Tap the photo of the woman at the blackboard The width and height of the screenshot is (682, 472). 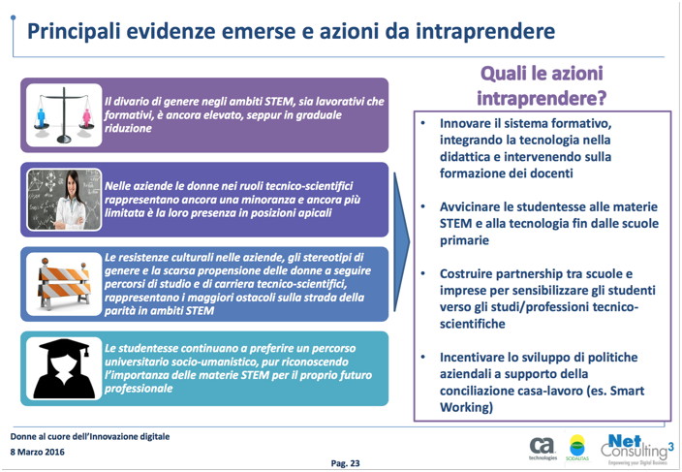coord(63,199)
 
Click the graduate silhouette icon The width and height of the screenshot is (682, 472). coord(63,367)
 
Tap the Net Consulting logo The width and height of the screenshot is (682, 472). coord(635,446)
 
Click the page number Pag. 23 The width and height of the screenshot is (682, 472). coord(346,462)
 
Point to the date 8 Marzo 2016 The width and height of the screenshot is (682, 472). coord(38,453)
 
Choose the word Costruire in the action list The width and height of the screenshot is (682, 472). coord(471,273)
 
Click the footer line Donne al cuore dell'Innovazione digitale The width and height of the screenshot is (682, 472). coord(90,436)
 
